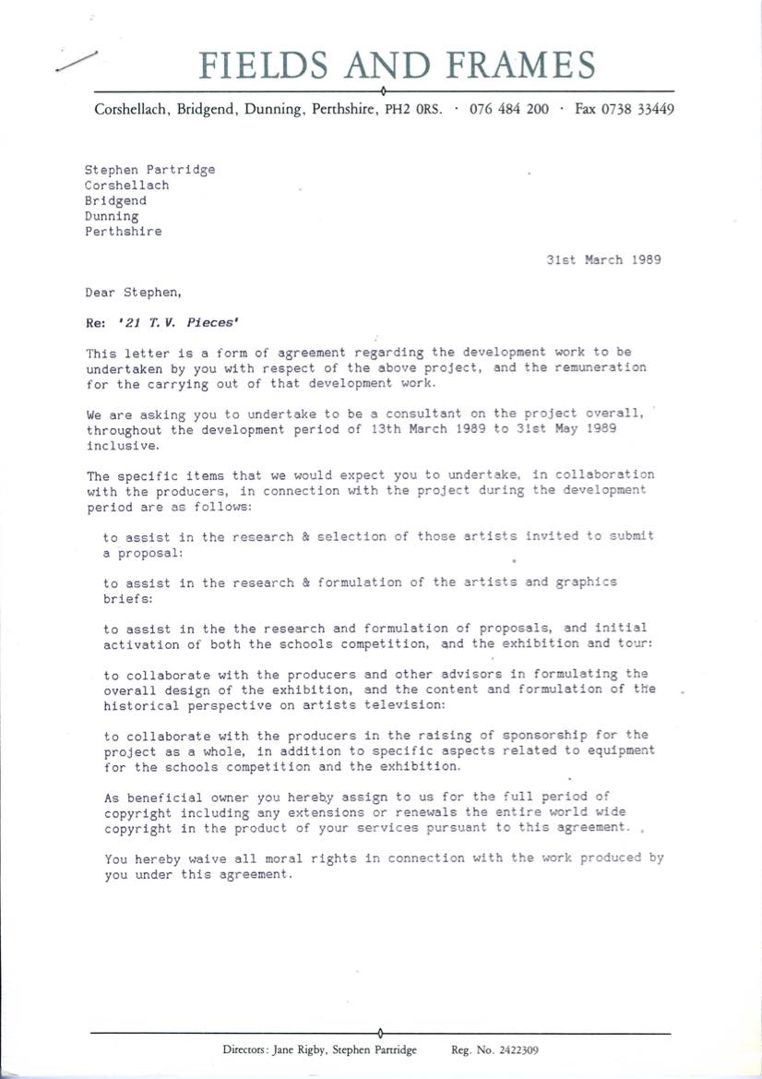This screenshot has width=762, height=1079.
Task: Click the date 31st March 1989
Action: [x=603, y=259]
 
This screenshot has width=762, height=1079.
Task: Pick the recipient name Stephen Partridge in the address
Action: [x=149, y=169]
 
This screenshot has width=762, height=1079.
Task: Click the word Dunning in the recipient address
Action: [x=112, y=216]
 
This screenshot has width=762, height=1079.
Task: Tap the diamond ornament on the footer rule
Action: [x=381, y=1031]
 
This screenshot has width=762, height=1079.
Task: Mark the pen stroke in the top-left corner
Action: [x=77, y=61]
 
